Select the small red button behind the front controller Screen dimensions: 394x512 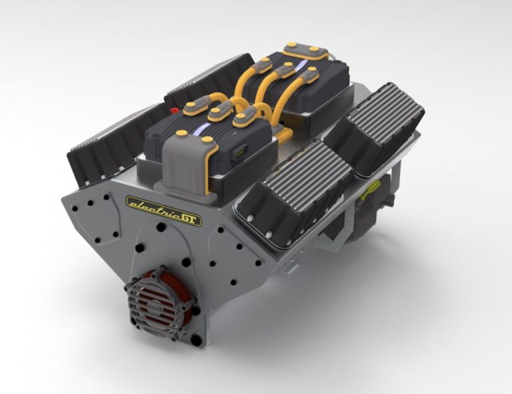[175, 110]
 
